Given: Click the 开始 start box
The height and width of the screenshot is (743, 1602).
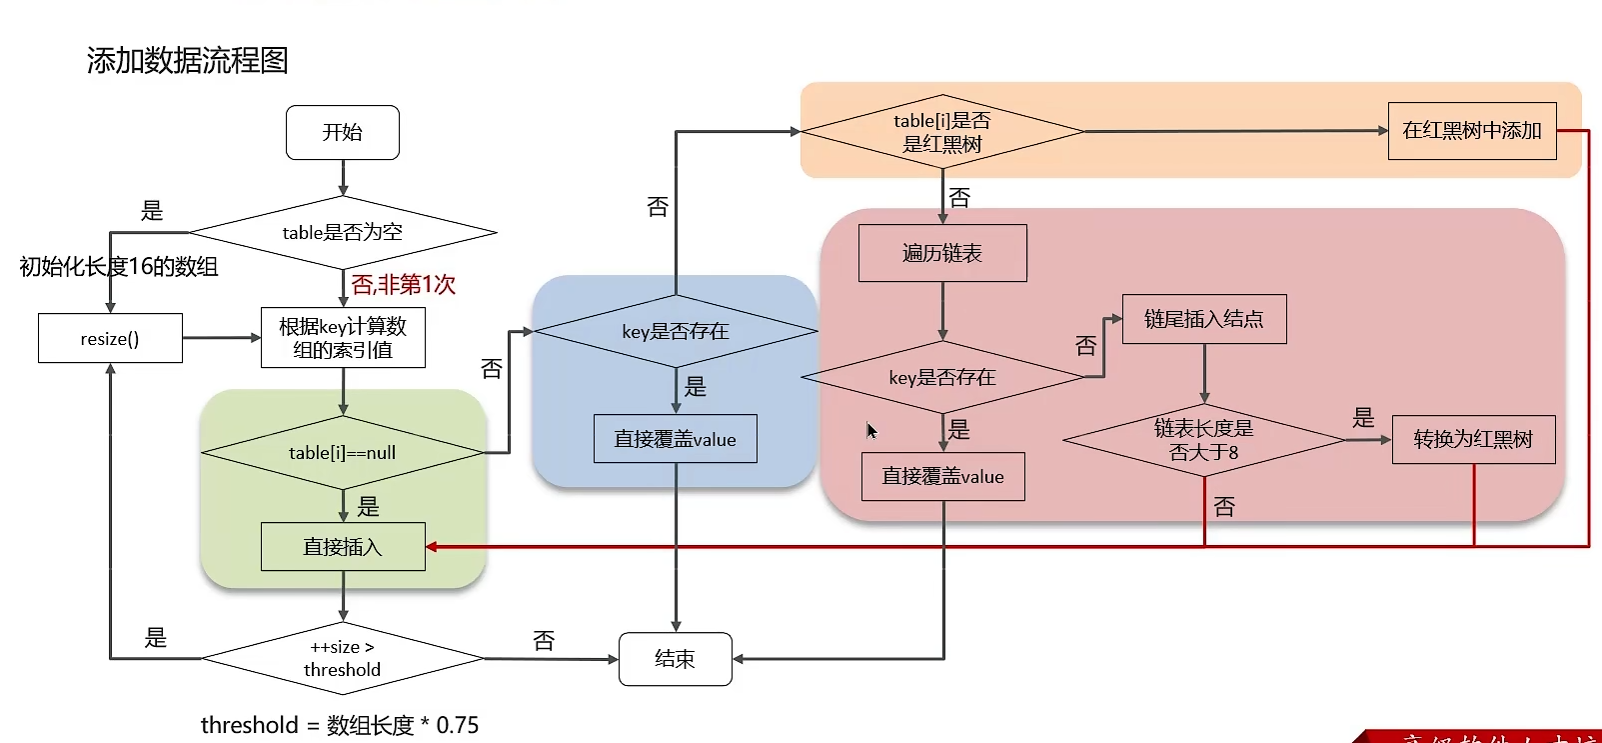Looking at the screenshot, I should [343, 132].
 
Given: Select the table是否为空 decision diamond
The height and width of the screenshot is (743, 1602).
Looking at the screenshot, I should [343, 232].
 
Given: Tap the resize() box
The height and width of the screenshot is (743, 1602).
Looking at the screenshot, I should [110, 338].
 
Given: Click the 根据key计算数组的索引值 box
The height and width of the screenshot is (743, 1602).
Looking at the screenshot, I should [343, 338].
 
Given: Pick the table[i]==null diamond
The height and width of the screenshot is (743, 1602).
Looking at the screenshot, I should [343, 453].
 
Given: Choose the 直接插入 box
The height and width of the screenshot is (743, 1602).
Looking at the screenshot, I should [343, 547].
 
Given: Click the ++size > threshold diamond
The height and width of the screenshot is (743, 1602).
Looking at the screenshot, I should [343, 658].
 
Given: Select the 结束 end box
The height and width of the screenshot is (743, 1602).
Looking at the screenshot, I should [675, 659].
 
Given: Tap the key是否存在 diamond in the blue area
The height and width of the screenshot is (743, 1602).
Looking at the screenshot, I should [676, 331].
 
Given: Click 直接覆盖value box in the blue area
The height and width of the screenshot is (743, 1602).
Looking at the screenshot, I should [675, 439].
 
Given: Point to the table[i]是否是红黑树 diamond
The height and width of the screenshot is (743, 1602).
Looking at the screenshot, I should [941, 132].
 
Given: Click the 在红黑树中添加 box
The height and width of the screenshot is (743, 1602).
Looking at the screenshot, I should [1471, 131].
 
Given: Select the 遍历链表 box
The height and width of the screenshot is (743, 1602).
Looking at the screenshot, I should [941, 253].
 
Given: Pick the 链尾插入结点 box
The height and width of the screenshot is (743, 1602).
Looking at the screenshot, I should [1203, 319].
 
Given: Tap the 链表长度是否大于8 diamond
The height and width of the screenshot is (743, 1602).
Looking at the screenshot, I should [1203, 440].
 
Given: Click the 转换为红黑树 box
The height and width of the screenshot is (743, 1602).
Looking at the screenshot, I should [1473, 439].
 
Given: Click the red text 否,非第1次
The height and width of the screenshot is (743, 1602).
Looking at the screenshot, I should [404, 285].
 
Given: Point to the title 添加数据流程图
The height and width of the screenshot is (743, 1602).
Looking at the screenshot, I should [187, 61].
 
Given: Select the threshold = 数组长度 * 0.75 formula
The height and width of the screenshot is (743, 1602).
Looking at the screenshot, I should [340, 725].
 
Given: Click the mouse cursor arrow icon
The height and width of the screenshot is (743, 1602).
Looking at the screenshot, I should [870, 431].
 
